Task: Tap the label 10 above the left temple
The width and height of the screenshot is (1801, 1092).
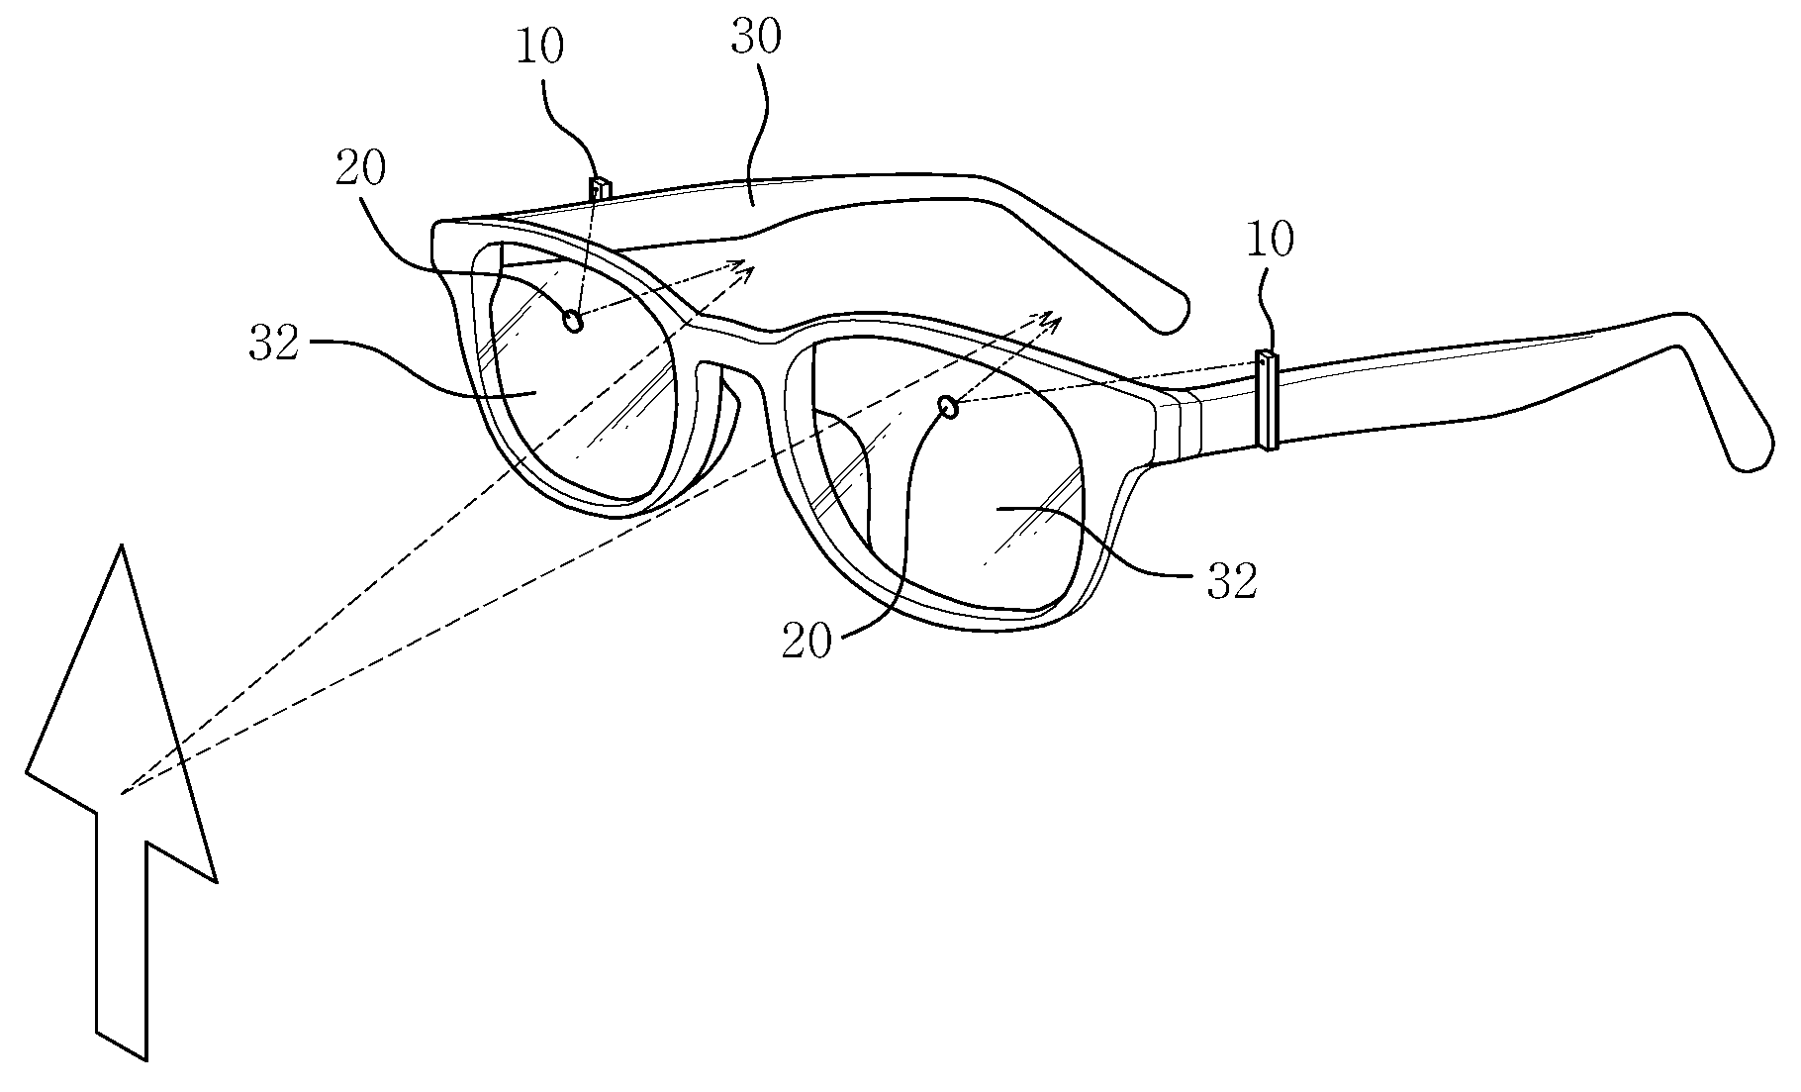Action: pos(539,49)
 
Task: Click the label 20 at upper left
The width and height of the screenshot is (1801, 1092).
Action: pos(360,170)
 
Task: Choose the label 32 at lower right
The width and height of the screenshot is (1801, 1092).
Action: pos(1232,582)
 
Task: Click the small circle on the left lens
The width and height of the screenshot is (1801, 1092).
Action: pos(572,321)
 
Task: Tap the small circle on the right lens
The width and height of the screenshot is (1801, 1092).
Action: pos(948,407)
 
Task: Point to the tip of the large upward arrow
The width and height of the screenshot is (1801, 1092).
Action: pos(122,550)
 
